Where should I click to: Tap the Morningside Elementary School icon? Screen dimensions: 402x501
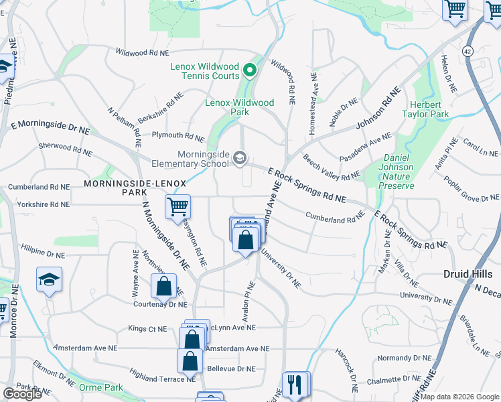coord(240,158)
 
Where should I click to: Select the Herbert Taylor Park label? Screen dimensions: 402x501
coord(425,110)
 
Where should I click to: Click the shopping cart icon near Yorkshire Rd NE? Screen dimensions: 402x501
coord(178,206)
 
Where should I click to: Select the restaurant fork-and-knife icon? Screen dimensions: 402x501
coord(295,385)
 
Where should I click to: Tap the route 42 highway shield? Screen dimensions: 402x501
coord(468,52)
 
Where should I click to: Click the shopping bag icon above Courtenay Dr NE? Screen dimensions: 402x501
coord(163,286)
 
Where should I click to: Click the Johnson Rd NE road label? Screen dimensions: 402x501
coord(378,109)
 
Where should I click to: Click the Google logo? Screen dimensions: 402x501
coord(22,394)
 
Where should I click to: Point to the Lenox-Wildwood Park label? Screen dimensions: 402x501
coord(239,107)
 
